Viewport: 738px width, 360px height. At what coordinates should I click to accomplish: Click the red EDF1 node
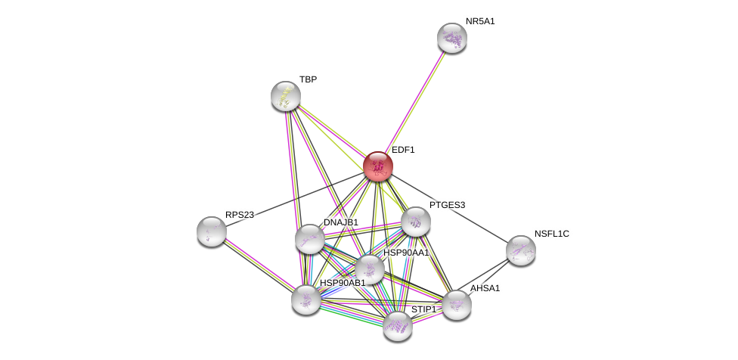tap(377, 166)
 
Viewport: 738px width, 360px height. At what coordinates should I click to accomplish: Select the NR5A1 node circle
tap(452, 38)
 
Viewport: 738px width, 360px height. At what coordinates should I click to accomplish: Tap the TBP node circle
tap(286, 96)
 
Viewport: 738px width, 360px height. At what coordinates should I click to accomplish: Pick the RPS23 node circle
tap(212, 231)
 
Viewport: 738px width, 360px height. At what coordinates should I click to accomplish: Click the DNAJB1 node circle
tap(309, 239)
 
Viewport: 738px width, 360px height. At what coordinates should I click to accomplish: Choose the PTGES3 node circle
tap(415, 222)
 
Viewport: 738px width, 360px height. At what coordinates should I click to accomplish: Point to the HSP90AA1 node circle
tap(370, 269)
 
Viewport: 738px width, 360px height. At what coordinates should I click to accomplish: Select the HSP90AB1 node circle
tap(306, 299)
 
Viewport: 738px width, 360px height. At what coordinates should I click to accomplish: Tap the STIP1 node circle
tap(397, 326)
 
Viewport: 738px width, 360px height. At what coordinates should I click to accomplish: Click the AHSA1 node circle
tap(457, 305)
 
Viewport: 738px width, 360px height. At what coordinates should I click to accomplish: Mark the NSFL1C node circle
tap(520, 250)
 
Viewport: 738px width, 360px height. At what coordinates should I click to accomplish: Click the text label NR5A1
tap(480, 21)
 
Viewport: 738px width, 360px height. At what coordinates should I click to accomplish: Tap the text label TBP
tap(308, 79)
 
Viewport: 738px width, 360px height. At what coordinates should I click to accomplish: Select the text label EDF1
tap(403, 150)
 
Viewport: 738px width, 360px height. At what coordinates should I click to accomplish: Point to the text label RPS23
tap(240, 215)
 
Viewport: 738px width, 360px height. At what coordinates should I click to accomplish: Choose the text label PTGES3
tap(447, 205)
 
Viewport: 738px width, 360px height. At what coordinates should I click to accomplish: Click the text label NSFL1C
tap(551, 234)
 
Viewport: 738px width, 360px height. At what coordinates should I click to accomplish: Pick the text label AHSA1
tap(485, 288)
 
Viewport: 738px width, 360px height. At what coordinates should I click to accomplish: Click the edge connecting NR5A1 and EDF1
tap(414, 102)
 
